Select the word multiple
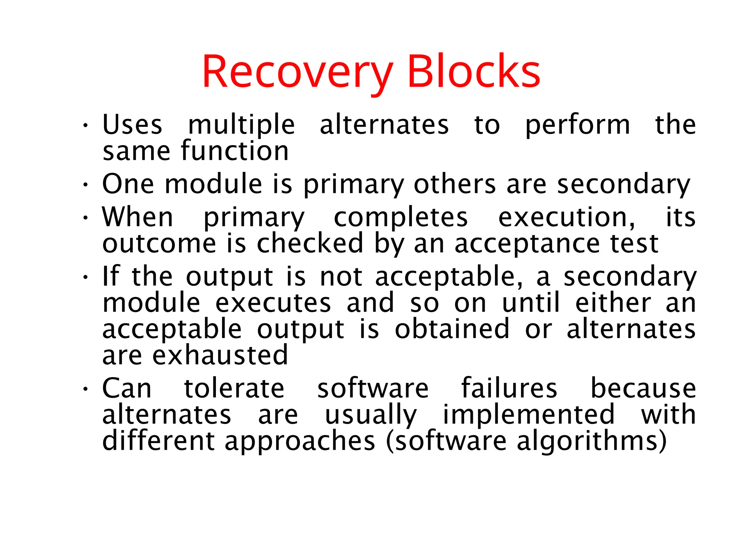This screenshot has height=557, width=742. click(x=242, y=125)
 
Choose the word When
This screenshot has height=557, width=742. click(x=138, y=217)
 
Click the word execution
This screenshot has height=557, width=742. click(x=567, y=217)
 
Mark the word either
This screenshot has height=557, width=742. click(x=613, y=303)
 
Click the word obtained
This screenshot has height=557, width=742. click(x=452, y=329)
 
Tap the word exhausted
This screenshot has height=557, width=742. click(x=220, y=355)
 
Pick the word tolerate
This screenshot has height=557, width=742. click(x=234, y=389)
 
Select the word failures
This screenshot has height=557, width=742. click(x=509, y=388)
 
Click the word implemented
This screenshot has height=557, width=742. click(x=529, y=415)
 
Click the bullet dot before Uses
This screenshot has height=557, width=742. click(x=85, y=126)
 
